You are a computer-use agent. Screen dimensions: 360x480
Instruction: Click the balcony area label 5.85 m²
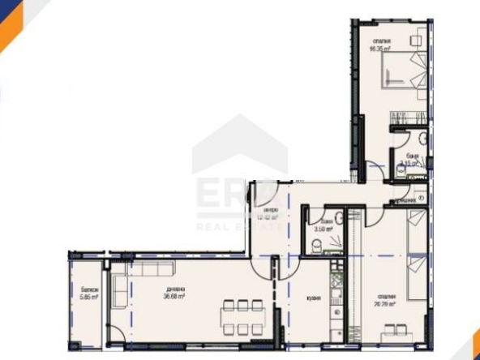tap(89, 298)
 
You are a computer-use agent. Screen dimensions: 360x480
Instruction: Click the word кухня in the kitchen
tap(315, 298)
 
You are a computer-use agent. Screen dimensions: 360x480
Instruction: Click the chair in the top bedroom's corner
tap(417, 37)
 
